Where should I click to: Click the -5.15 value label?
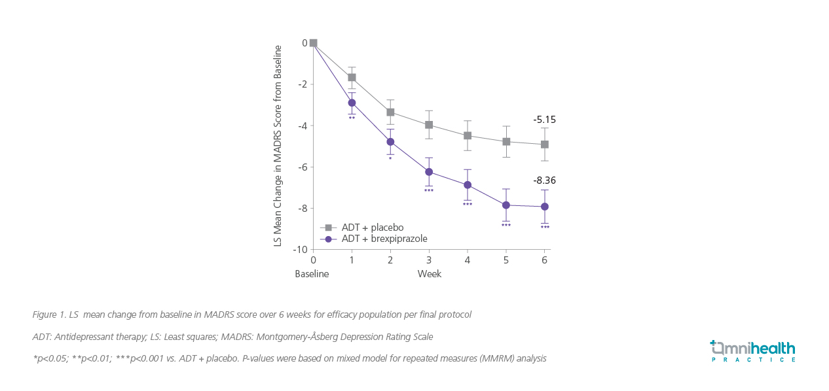point(544,120)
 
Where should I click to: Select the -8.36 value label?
point(544,180)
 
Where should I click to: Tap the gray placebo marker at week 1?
point(352,77)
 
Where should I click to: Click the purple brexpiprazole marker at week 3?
point(429,172)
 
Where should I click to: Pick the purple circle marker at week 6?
point(544,207)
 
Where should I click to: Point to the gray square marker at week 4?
point(468,135)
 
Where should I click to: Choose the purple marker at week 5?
point(506,205)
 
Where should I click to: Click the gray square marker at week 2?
point(390,112)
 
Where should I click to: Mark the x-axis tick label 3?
point(429,260)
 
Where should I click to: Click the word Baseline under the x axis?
point(312,274)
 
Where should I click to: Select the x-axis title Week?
point(430,274)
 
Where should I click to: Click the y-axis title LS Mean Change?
point(278,145)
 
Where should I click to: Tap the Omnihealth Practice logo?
point(753,350)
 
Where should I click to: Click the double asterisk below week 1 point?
point(352,118)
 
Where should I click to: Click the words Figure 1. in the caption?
point(50,314)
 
